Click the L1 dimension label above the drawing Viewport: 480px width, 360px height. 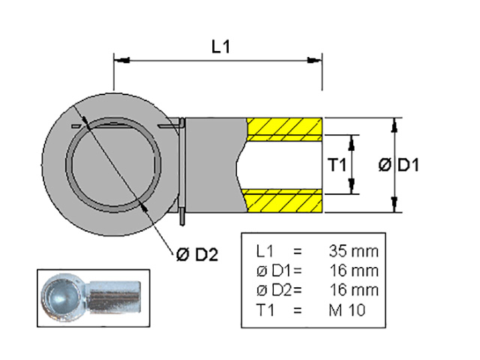coord(220,47)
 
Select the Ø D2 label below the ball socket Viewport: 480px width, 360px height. coord(196,254)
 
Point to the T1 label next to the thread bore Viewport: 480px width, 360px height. coord(336,165)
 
